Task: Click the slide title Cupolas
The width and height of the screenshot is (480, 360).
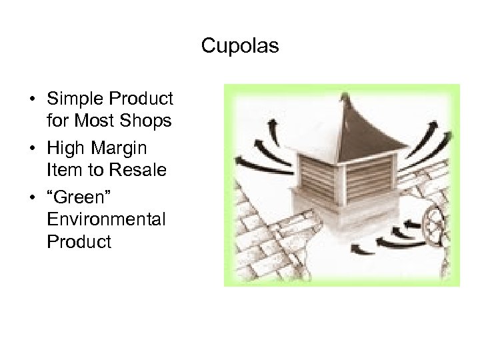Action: [240, 47]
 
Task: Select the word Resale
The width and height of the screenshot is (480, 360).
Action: [142, 170]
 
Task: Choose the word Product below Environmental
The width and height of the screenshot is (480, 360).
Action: [79, 241]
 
